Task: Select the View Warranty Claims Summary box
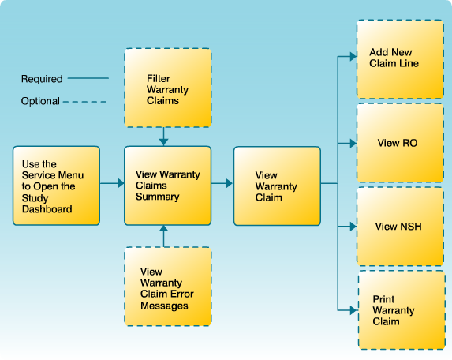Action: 167,186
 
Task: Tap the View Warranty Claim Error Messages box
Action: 167,287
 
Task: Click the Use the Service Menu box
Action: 56,186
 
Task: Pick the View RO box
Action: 401,143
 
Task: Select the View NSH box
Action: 401,227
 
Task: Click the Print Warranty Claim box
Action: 401,310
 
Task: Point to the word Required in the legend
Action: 42,79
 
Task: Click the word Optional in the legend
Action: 40,101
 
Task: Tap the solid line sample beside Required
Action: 89,79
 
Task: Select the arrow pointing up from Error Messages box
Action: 164,231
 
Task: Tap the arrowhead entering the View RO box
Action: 352,143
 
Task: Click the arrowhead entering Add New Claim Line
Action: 352,58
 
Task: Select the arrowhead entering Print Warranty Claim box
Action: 352,310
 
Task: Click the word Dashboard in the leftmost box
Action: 47,209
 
